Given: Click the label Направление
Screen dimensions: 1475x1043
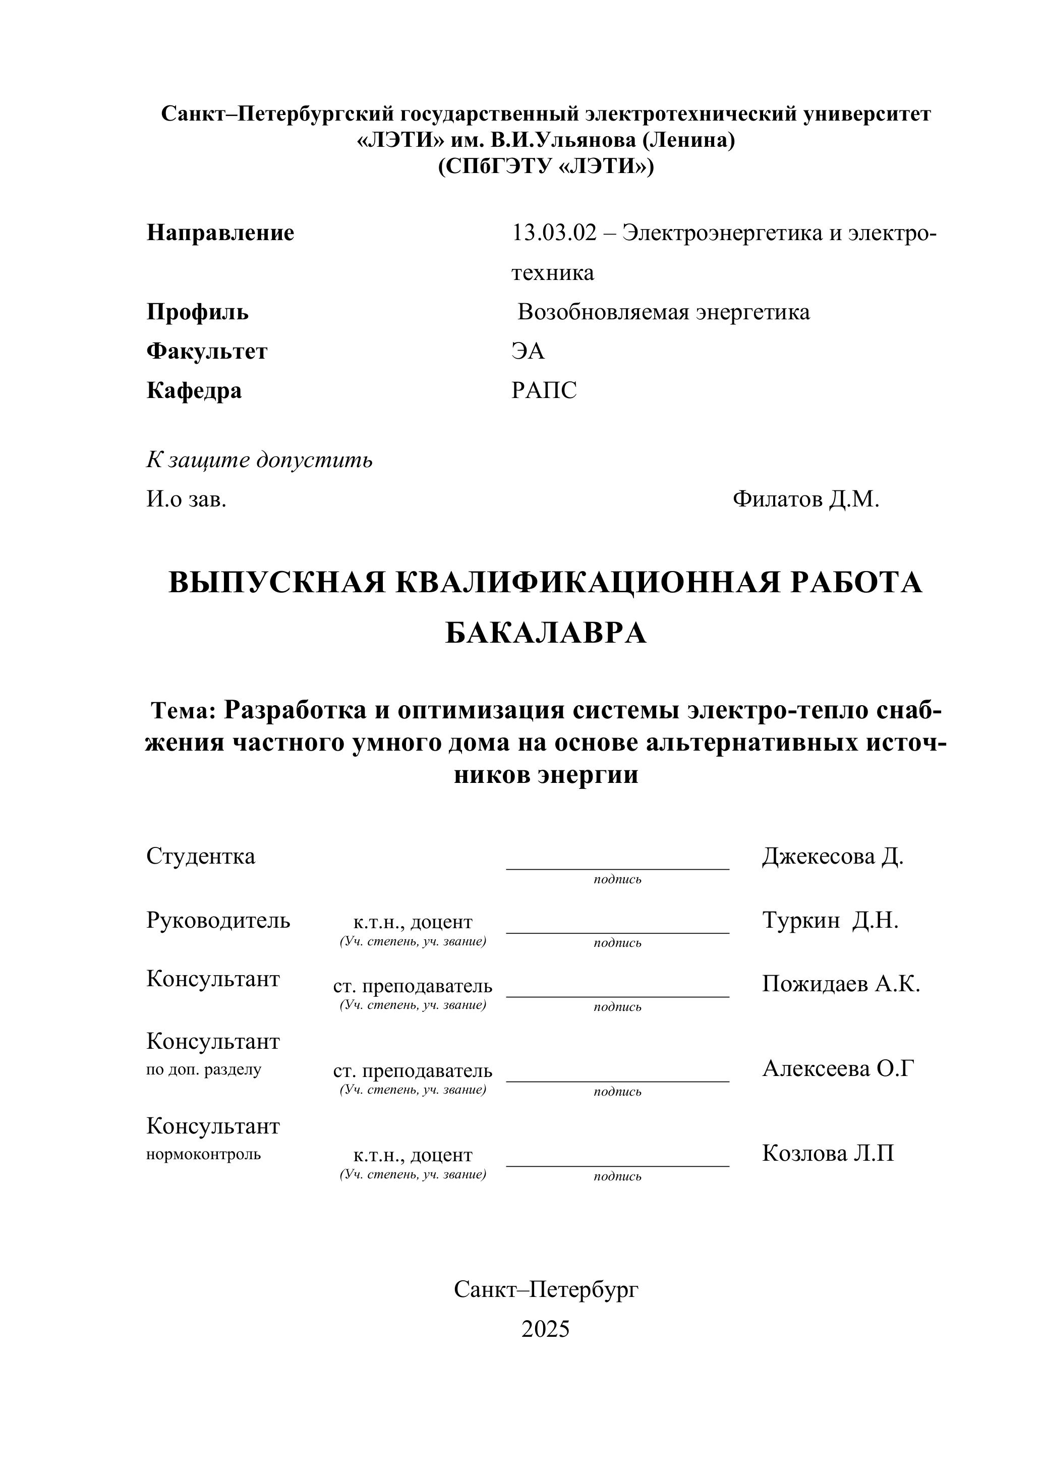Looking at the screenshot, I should point(220,233).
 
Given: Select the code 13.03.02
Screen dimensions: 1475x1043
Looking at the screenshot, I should point(554,233).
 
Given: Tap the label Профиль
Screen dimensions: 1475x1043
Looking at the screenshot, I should point(197,312).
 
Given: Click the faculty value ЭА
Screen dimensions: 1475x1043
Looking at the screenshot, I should point(528,352).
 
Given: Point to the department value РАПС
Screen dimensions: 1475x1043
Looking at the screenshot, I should point(544,390).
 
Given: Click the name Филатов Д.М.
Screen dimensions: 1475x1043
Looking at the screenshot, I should point(805,499).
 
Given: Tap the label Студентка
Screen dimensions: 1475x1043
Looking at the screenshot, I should point(200,857).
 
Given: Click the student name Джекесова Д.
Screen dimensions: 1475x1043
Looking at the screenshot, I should point(832,857).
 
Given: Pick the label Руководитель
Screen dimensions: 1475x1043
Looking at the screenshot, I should point(218,921).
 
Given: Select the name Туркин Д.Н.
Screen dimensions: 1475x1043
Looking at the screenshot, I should point(830,921).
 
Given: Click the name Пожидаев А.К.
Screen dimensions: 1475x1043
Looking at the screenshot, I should point(841,984).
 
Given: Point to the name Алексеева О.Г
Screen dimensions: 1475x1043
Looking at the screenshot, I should point(838,1068).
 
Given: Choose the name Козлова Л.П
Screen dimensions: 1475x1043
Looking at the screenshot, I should point(827,1153).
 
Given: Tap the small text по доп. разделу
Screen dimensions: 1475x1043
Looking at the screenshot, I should point(204,1069).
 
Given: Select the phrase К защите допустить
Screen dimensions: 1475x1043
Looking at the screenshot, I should point(259,460).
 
